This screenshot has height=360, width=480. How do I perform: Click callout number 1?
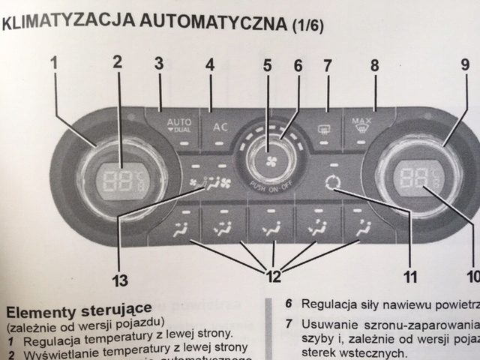(x=55, y=64)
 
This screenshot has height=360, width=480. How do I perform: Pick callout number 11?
(x=409, y=277)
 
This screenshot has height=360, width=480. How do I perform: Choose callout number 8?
(x=373, y=65)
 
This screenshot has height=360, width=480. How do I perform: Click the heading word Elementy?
(x=37, y=307)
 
